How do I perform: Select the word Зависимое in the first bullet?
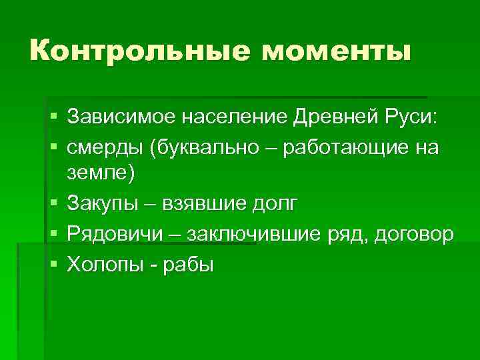(110, 118)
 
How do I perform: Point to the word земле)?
(101, 174)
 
